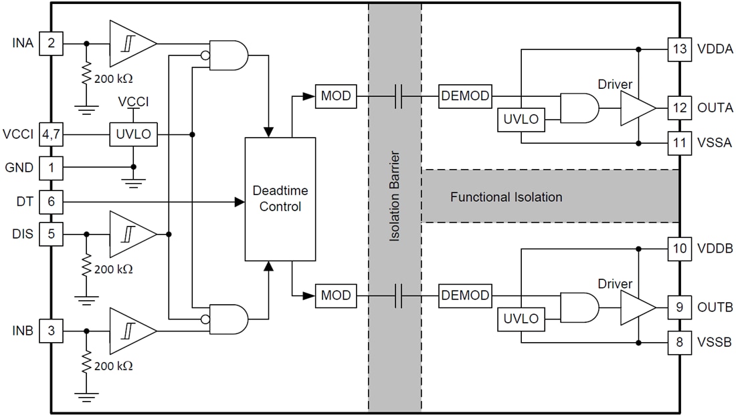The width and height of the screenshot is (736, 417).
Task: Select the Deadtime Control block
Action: [280, 199]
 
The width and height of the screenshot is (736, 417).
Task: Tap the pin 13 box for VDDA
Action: [680, 49]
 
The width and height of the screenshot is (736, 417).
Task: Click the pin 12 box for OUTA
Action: [680, 108]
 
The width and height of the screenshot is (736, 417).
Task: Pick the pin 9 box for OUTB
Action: [680, 307]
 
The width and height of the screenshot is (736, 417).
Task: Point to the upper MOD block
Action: [336, 96]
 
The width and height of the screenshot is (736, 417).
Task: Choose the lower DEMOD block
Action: [465, 295]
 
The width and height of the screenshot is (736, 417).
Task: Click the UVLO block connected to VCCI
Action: [134, 134]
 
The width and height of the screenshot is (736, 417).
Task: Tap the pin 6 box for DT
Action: [51, 200]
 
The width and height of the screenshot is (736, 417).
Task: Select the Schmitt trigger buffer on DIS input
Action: [130, 235]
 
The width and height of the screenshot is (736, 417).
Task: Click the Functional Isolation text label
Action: [506, 197]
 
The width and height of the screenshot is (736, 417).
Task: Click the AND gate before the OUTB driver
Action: [579, 308]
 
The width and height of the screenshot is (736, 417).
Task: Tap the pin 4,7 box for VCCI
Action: [51, 134]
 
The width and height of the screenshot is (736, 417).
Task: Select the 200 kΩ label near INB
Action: [113, 366]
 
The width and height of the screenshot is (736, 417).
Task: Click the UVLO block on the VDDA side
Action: [521, 120]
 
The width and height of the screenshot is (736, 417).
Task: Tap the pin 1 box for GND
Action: [51, 167]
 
